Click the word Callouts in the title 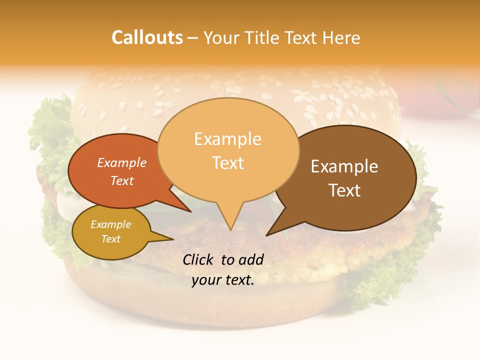pos(147,37)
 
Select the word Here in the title pos(341,38)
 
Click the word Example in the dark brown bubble pos(344,166)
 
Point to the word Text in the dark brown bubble pos(344,190)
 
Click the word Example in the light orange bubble pos(227,139)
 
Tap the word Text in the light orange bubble pos(227,163)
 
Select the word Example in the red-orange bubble pos(122,163)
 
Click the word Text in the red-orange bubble pos(122,180)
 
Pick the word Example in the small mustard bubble pos(110,224)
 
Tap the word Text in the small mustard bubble pos(110,239)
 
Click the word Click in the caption pos(199,259)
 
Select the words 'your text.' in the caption pos(223,280)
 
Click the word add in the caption pos(251,259)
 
